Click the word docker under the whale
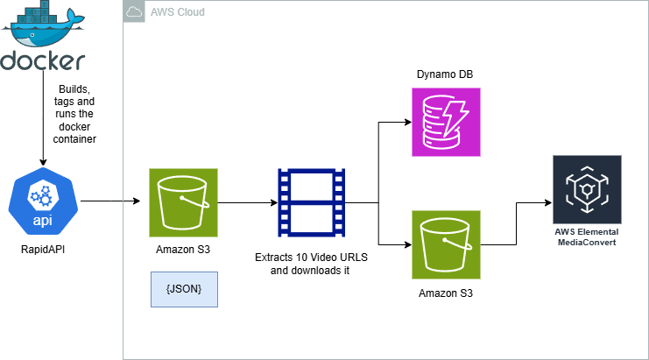point(43,61)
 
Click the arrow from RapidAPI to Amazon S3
point(109,201)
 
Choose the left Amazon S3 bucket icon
point(182,201)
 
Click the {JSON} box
point(183,288)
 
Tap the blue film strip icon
point(310,201)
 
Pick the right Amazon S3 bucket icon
point(446,244)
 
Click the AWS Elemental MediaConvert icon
point(587,189)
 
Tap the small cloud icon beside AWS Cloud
point(134,11)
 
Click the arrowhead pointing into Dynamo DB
point(406,123)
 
